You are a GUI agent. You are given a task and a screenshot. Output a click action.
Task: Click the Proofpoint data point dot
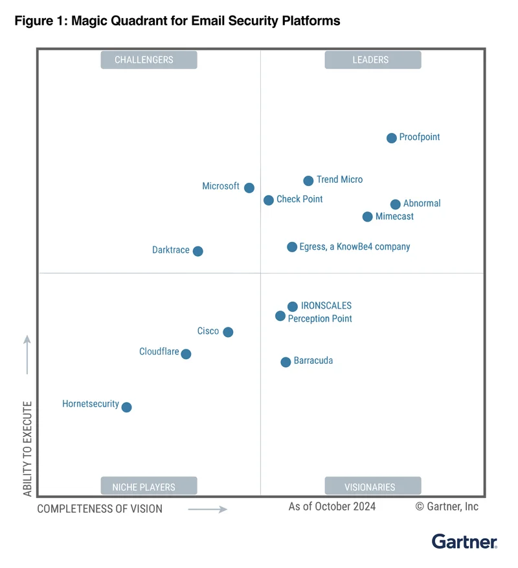[x=392, y=138]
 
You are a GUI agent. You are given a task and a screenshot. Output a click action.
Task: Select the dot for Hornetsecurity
[x=127, y=407]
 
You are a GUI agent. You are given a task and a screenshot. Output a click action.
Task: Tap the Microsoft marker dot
[x=249, y=187]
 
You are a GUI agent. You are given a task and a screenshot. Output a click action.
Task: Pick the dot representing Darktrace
[x=198, y=251]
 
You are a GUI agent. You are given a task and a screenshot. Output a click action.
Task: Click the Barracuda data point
[x=286, y=362]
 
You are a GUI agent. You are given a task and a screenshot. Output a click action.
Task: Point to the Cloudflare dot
[x=186, y=354]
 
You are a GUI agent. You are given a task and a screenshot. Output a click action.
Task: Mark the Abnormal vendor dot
[x=396, y=204]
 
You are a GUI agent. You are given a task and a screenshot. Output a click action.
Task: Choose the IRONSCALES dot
[x=293, y=307]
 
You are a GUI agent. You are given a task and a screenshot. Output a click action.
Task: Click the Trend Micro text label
[x=339, y=180]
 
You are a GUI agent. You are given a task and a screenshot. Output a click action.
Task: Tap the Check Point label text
[x=299, y=199]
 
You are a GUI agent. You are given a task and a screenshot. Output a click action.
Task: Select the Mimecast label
[x=394, y=217]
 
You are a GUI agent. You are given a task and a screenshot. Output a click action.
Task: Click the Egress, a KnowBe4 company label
[x=354, y=247]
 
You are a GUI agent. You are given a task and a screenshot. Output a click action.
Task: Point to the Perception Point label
[x=320, y=319]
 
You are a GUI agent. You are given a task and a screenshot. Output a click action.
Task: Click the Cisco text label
[x=208, y=331]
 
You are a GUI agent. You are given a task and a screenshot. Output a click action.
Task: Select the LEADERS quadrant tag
[x=372, y=60]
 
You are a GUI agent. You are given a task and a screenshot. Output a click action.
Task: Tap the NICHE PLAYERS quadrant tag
[x=148, y=486]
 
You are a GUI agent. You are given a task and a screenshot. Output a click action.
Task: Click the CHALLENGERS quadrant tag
[x=148, y=60]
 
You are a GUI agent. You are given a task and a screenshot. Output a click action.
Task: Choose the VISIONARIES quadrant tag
[x=372, y=486]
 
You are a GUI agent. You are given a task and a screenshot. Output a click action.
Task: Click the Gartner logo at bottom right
[x=464, y=541]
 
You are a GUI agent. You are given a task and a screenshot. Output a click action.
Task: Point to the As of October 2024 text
[x=332, y=506]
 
